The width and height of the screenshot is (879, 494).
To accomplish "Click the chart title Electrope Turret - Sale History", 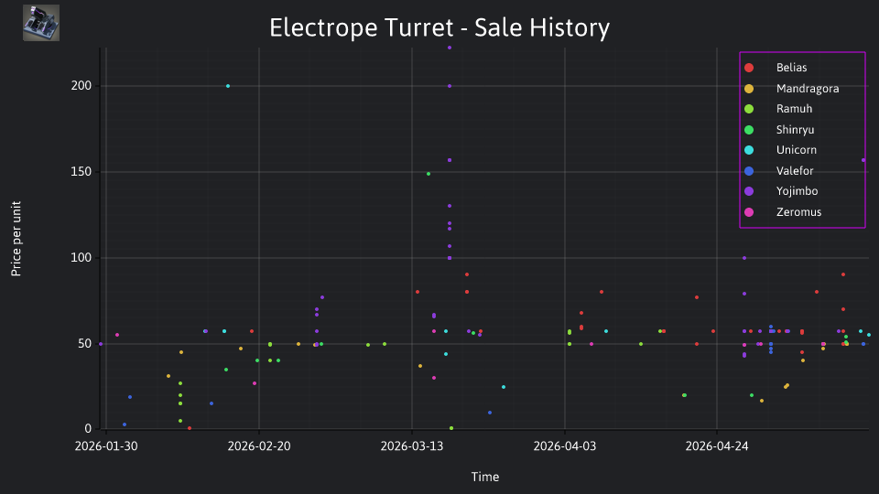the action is [x=439, y=27].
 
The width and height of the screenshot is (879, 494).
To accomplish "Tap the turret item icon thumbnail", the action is [x=41, y=23].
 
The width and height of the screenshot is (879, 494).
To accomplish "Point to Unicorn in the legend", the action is [x=780, y=149].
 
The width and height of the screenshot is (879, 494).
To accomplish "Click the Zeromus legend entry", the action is [x=783, y=211].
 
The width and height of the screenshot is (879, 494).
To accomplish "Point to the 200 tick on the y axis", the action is [x=81, y=86].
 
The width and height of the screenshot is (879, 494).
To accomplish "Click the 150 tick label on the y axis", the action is [x=81, y=171].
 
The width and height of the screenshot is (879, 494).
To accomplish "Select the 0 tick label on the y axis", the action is [x=88, y=428].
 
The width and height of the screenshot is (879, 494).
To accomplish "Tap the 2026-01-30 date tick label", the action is [x=106, y=446].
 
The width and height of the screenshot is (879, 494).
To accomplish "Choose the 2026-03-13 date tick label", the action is [x=412, y=446].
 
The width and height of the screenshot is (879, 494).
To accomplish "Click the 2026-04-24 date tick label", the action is [x=717, y=446].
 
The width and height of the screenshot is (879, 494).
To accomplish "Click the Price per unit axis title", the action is [x=16, y=239].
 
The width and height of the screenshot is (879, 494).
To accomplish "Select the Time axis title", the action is [x=485, y=477].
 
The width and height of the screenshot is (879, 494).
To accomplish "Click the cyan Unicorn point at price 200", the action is [x=228, y=86].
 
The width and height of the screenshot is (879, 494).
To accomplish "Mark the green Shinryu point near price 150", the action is [x=429, y=174].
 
